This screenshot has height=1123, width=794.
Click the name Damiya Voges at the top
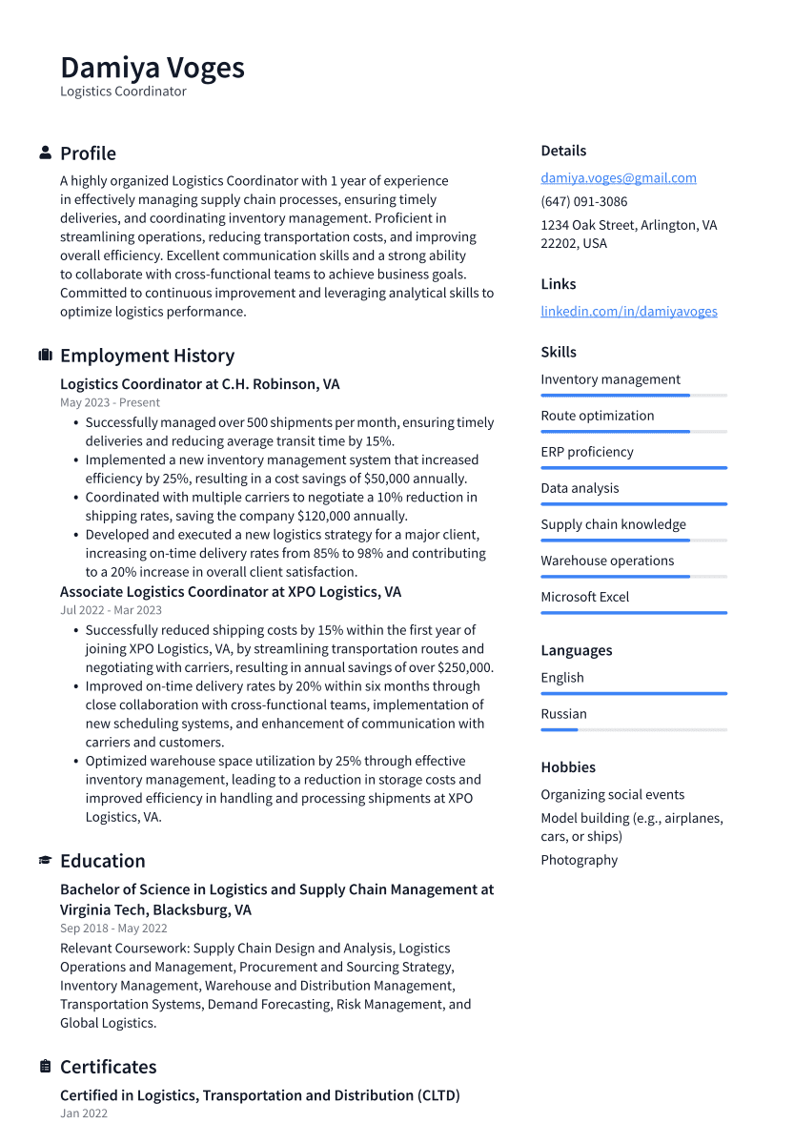tap(153, 68)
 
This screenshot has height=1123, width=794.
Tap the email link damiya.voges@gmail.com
tap(618, 177)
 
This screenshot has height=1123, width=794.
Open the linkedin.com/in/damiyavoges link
tap(628, 311)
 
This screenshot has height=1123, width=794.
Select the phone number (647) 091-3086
tap(583, 201)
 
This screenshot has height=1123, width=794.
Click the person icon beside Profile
tap(45, 153)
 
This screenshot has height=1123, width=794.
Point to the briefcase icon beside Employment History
tap(45, 356)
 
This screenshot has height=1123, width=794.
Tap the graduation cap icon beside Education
tap(45, 861)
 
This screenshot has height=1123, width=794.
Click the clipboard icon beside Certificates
tap(45, 1067)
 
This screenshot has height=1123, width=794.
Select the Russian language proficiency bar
tap(633, 729)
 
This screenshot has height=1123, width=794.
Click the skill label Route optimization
tap(597, 416)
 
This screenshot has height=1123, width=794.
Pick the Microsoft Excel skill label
tap(584, 597)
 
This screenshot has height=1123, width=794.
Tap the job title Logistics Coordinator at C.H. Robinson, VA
tap(199, 384)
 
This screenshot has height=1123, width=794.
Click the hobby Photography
tap(579, 860)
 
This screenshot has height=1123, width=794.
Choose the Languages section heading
tap(576, 650)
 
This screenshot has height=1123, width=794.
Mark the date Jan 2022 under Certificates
tap(84, 1113)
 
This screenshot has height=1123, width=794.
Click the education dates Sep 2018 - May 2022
tap(113, 929)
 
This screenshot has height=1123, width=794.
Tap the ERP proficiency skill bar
tap(633, 468)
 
